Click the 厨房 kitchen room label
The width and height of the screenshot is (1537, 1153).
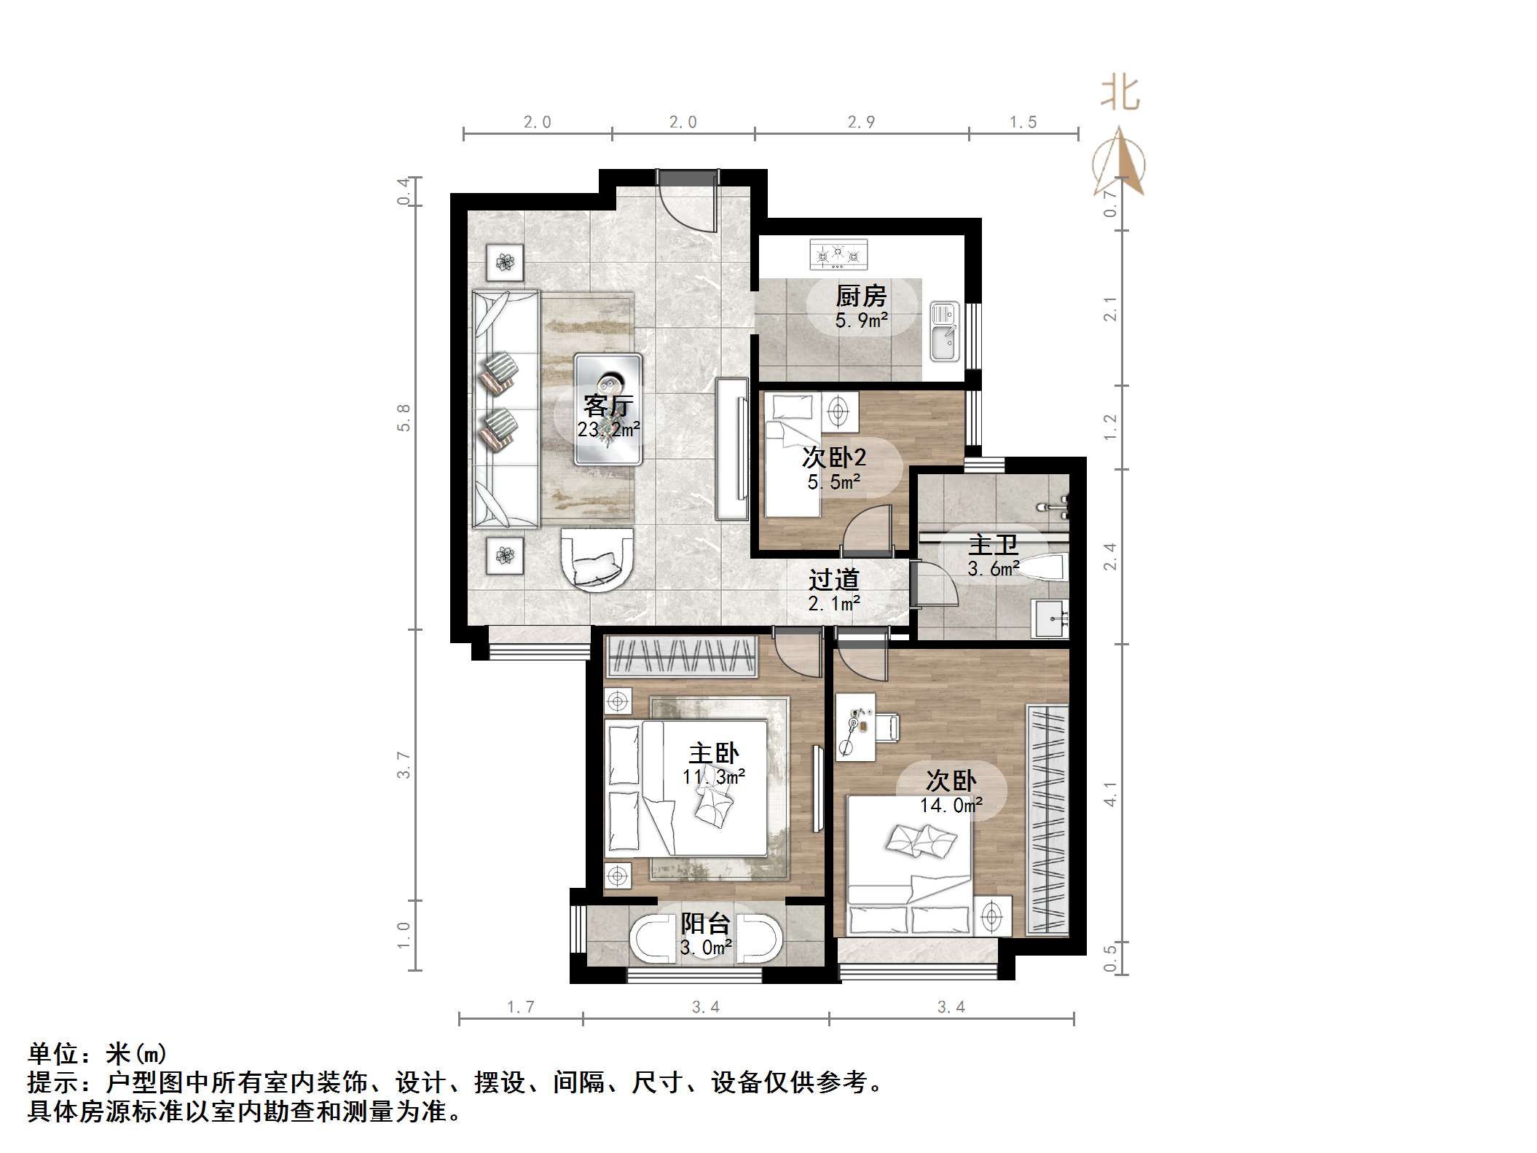pos(860,296)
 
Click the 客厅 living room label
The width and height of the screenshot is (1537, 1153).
pos(608,405)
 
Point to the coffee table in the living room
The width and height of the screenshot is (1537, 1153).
pos(608,409)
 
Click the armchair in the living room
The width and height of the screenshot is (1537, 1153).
pos(597,560)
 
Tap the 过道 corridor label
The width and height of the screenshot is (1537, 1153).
pos(833,580)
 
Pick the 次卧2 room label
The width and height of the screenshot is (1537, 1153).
pos(834,457)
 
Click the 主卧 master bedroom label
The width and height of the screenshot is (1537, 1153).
pos(713,753)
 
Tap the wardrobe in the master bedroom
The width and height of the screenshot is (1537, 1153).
pos(682,655)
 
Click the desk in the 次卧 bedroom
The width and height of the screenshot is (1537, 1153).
pos(855,727)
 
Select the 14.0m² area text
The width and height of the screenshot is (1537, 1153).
pos(951,806)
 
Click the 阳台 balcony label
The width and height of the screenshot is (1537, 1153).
pos(705,924)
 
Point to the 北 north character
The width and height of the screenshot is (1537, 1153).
pos(1120,95)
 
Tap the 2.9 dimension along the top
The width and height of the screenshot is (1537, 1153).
pos(861,122)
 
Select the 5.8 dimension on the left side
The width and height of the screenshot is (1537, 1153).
pos(404,417)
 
